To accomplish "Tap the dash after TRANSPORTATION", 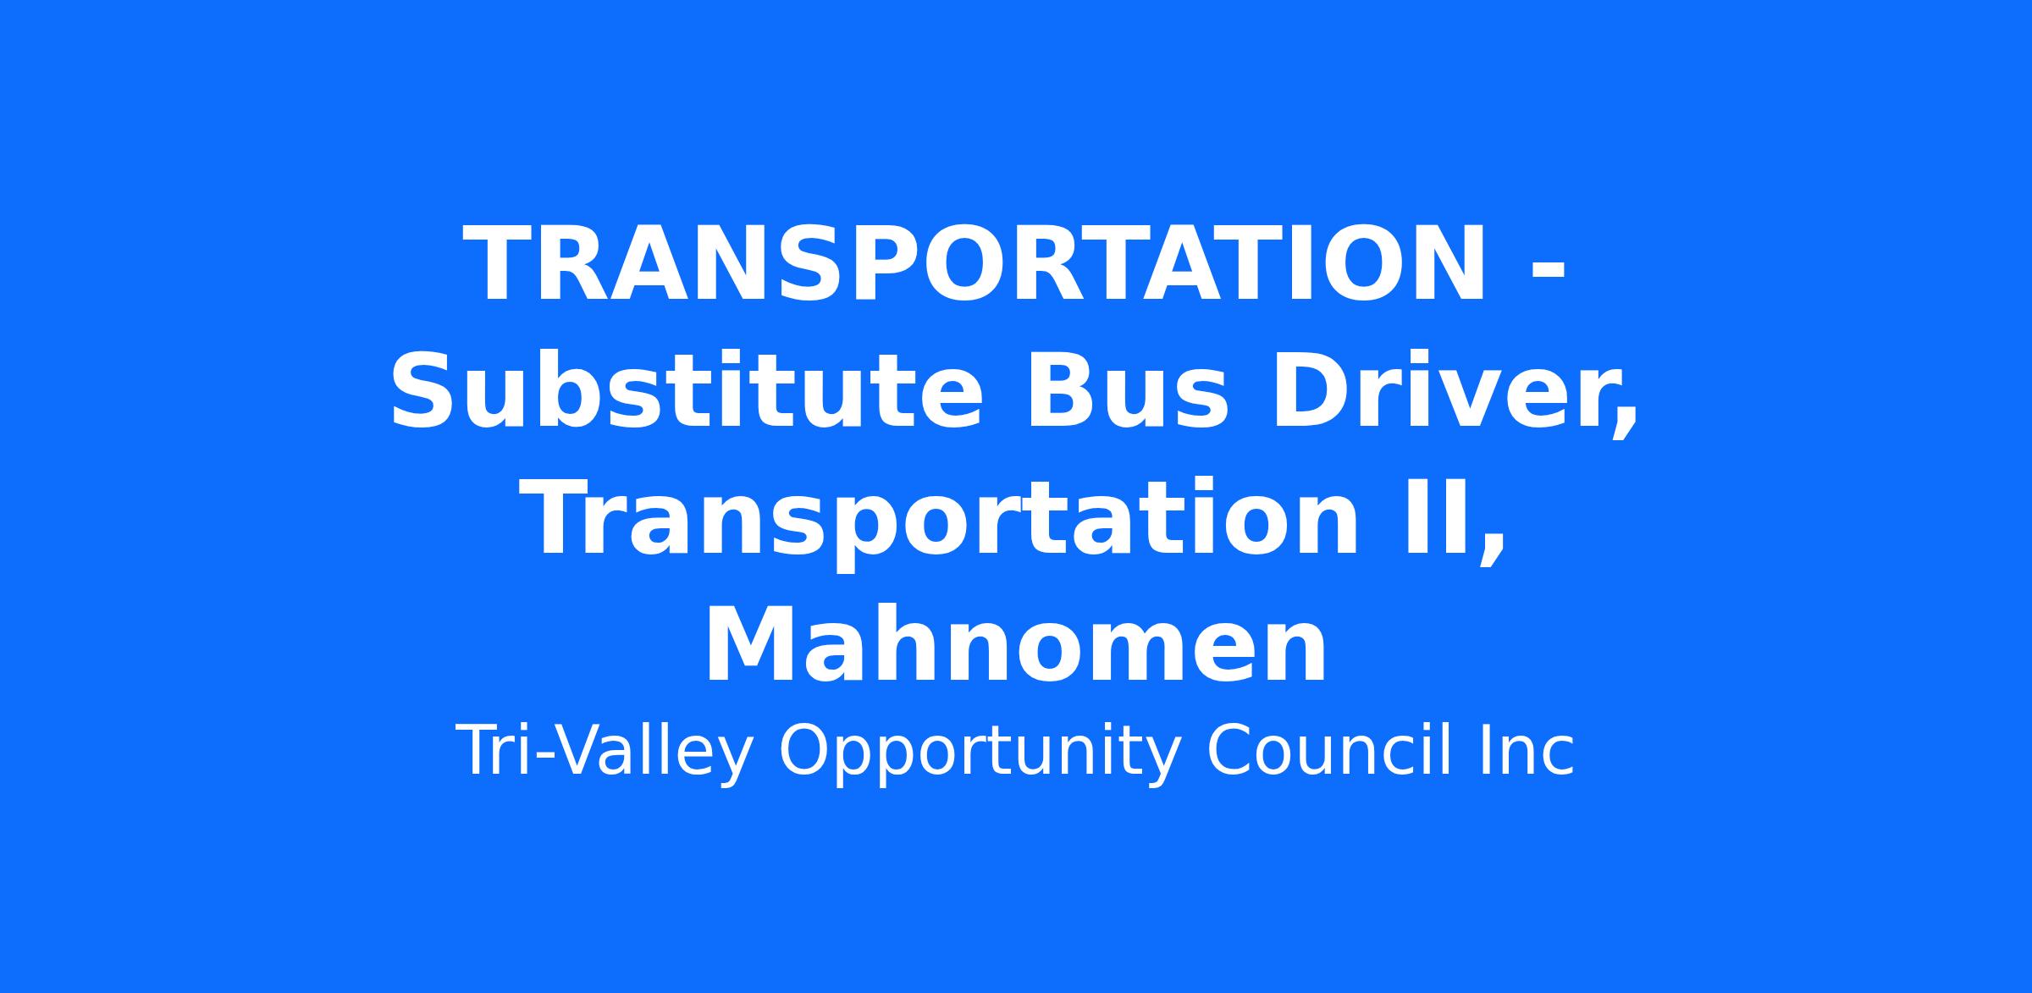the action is pyautogui.click(x=1549, y=274).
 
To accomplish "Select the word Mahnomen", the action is pyautogui.click(x=1015, y=644).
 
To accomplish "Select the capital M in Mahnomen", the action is pyautogui.click(x=749, y=646).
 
